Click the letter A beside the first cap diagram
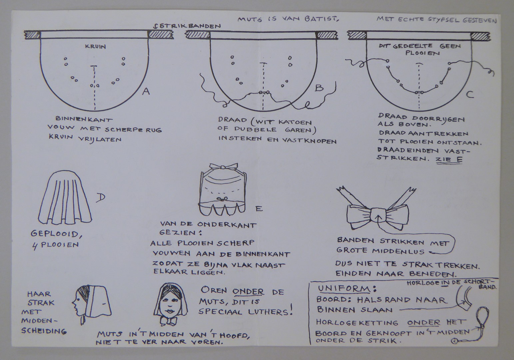pos(146,91)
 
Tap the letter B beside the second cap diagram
pos(319,87)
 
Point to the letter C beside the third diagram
pos(470,94)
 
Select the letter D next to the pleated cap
pos(101,197)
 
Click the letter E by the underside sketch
pos(259,208)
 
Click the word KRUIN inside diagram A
pos(96,47)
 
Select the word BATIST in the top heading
pos(322,19)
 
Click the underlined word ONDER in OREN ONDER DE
pos(248,292)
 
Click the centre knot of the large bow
pos(378,215)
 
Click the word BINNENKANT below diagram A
pos(84,119)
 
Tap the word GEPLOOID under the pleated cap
pos(56,234)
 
